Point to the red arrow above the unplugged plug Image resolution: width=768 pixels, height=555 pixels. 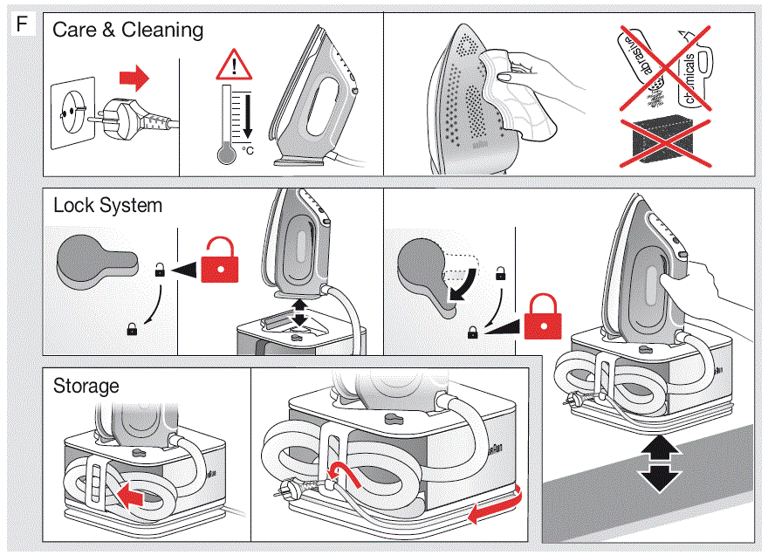pyautogui.click(x=134, y=79)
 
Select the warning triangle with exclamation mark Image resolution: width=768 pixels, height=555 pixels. pyautogui.click(x=233, y=65)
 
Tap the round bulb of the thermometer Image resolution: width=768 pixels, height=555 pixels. pyautogui.click(x=226, y=154)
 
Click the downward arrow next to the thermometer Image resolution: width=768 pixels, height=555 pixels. pyautogui.click(x=247, y=114)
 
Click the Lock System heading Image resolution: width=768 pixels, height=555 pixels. pyautogui.click(x=107, y=206)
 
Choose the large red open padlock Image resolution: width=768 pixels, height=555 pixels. pyautogui.click(x=218, y=259)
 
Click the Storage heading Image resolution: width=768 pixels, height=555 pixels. pyautogui.click(x=86, y=385)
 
